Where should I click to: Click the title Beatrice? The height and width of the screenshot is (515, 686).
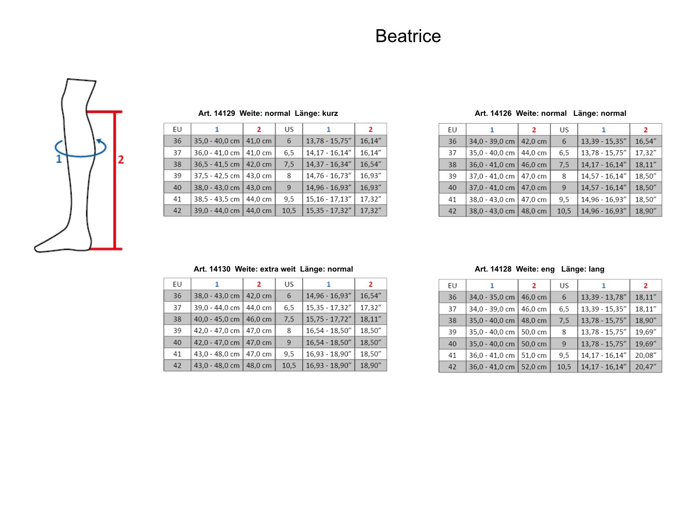[x=408, y=36]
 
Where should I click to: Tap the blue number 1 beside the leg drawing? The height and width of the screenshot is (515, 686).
[x=59, y=159]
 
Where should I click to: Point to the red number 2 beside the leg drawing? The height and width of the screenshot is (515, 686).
[x=120, y=160]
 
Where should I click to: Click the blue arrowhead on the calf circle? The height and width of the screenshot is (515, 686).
[x=99, y=141]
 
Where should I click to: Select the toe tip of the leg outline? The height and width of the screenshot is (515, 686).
[x=35, y=248]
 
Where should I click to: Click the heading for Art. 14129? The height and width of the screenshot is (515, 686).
[x=268, y=113]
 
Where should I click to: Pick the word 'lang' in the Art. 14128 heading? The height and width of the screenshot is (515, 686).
[x=596, y=269]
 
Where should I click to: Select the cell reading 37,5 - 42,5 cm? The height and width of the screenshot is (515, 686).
[x=217, y=176]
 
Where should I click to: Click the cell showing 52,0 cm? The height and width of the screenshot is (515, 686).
[x=533, y=367]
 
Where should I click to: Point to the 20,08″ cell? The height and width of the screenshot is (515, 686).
[x=645, y=355]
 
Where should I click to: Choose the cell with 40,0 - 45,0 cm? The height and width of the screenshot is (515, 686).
[x=217, y=319]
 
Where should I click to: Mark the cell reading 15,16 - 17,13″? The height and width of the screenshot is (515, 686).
[x=328, y=199]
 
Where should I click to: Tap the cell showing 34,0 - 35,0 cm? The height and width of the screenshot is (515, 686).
[x=492, y=297]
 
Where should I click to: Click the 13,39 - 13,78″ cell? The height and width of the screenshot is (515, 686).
[x=603, y=297]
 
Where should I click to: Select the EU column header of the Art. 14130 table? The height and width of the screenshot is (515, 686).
[x=177, y=284]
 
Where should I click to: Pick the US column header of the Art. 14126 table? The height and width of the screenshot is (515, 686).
[x=564, y=130]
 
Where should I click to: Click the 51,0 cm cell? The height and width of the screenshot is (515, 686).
[x=533, y=355]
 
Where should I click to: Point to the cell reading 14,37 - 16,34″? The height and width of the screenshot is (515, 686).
[x=328, y=164]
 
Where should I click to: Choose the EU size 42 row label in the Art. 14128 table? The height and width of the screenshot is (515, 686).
[x=452, y=367]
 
